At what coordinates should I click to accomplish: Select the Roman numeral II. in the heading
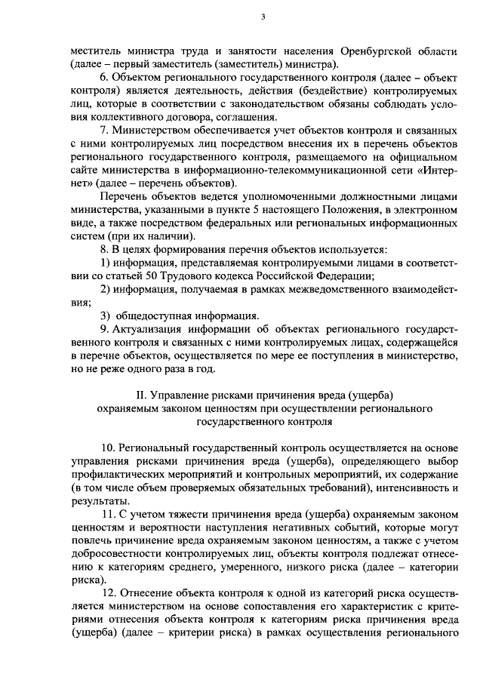coord(140,395)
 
